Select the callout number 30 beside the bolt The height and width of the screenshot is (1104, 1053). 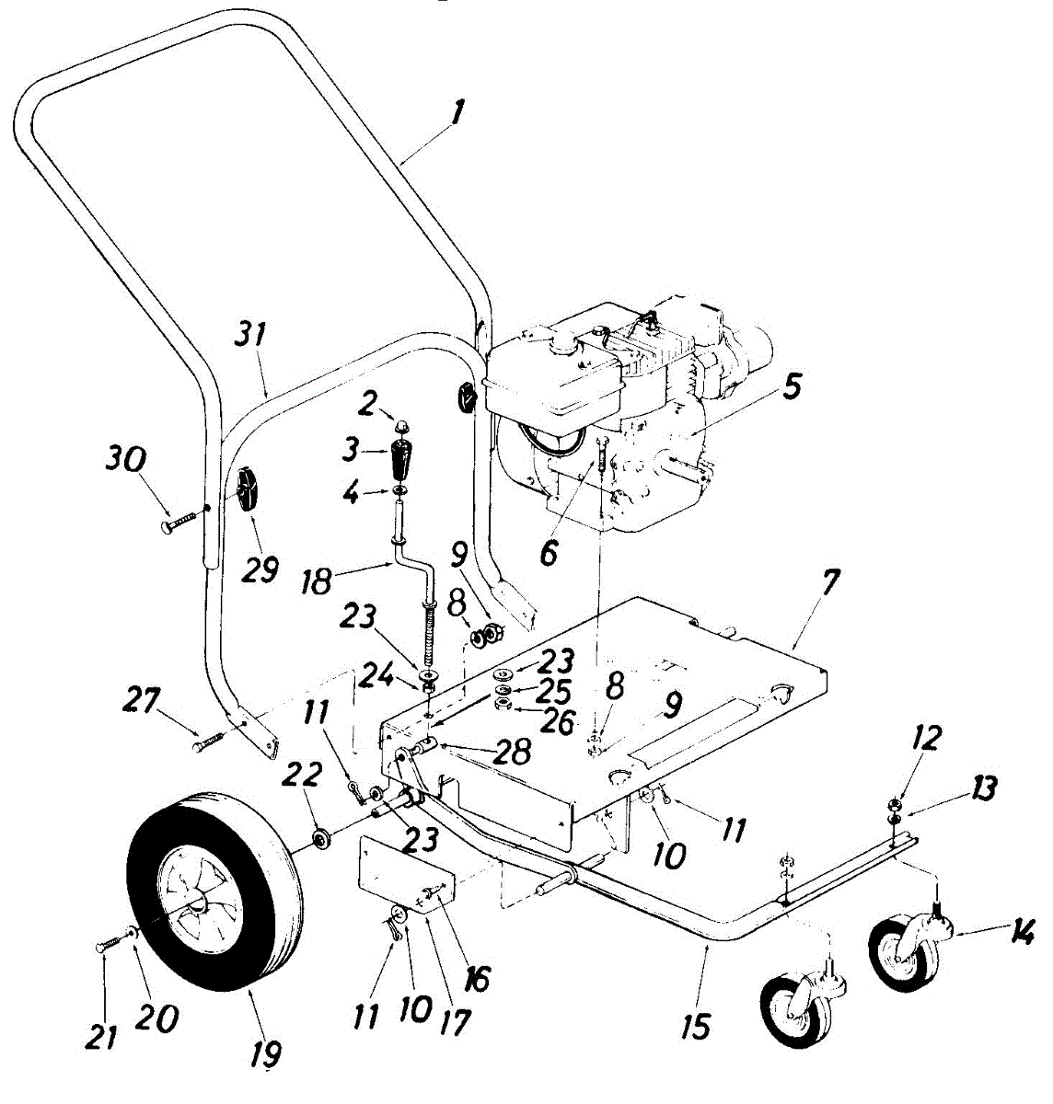tap(125, 460)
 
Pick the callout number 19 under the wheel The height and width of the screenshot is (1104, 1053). tap(267, 1052)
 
